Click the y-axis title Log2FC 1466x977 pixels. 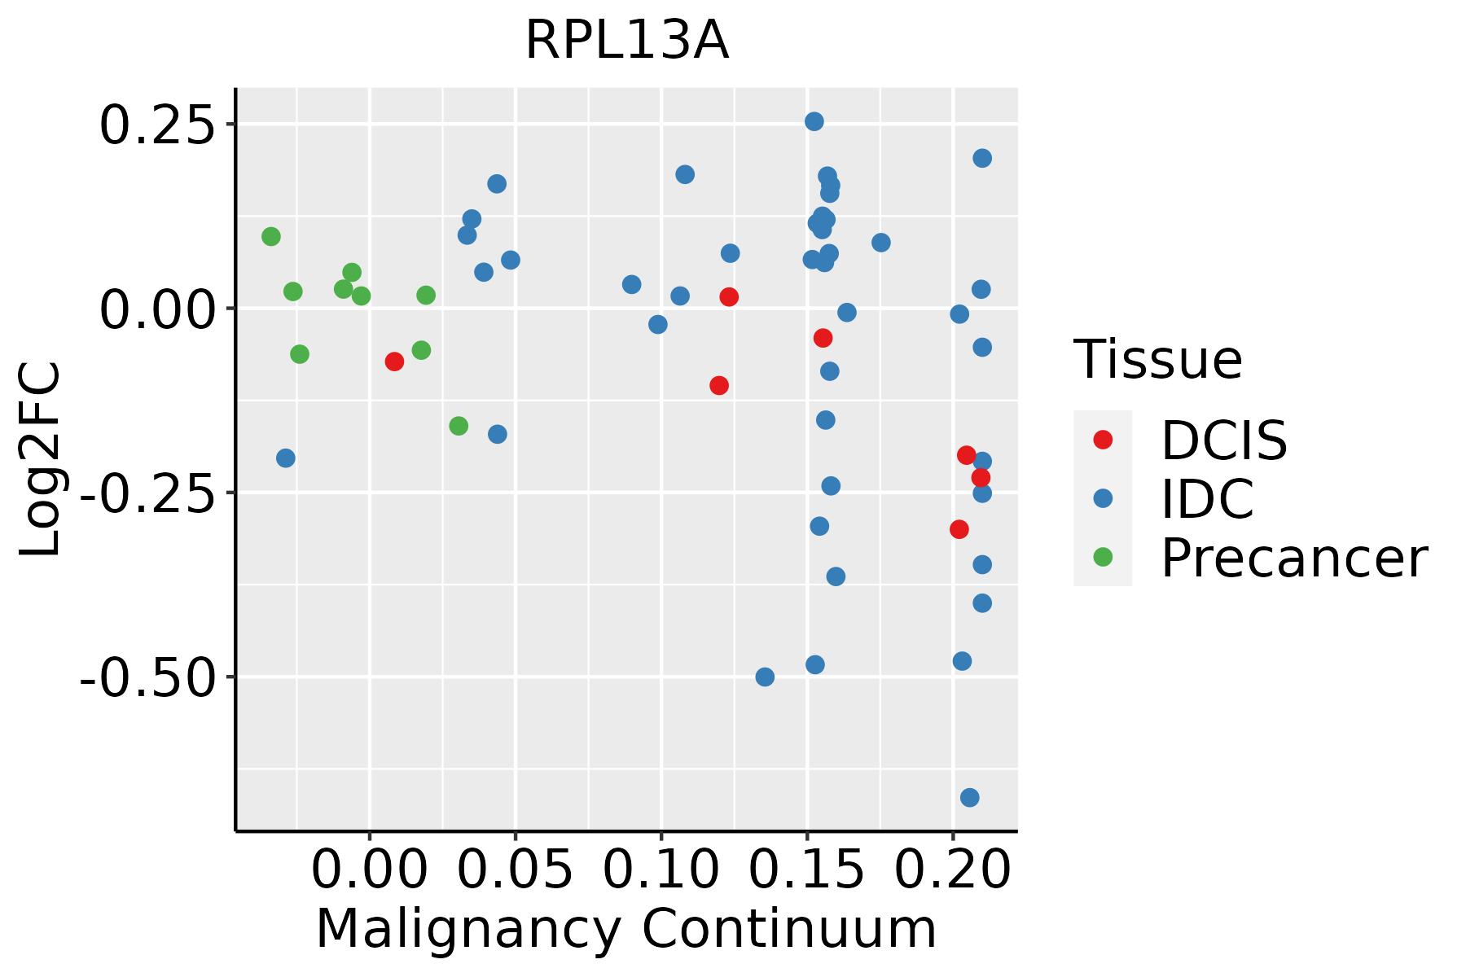[x=41, y=460]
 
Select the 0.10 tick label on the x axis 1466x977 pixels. [x=661, y=870]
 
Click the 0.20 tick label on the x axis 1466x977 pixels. [x=952, y=870]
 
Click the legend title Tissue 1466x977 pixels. [x=1157, y=359]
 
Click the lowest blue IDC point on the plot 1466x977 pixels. [x=969, y=797]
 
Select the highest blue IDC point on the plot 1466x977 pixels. [x=814, y=121]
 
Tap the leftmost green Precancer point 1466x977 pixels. [x=271, y=237]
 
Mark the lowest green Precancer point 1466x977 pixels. [x=459, y=426]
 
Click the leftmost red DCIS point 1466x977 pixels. [x=394, y=361]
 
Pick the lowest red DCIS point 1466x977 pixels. [x=959, y=529]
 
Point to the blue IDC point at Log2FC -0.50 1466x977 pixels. [x=765, y=677]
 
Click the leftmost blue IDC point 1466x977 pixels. [x=285, y=458]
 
